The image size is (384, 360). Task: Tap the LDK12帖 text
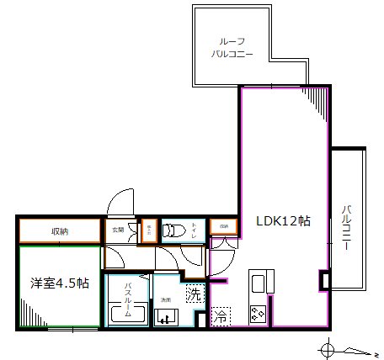(284, 221)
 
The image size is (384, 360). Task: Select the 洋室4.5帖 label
(58, 283)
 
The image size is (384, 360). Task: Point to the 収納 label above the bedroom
(58, 230)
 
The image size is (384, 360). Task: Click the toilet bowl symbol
(175, 230)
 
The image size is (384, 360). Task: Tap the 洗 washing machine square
(194, 294)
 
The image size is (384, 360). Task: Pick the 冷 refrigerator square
(220, 317)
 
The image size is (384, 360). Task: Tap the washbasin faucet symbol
(165, 317)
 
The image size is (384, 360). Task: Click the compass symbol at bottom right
(328, 347)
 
